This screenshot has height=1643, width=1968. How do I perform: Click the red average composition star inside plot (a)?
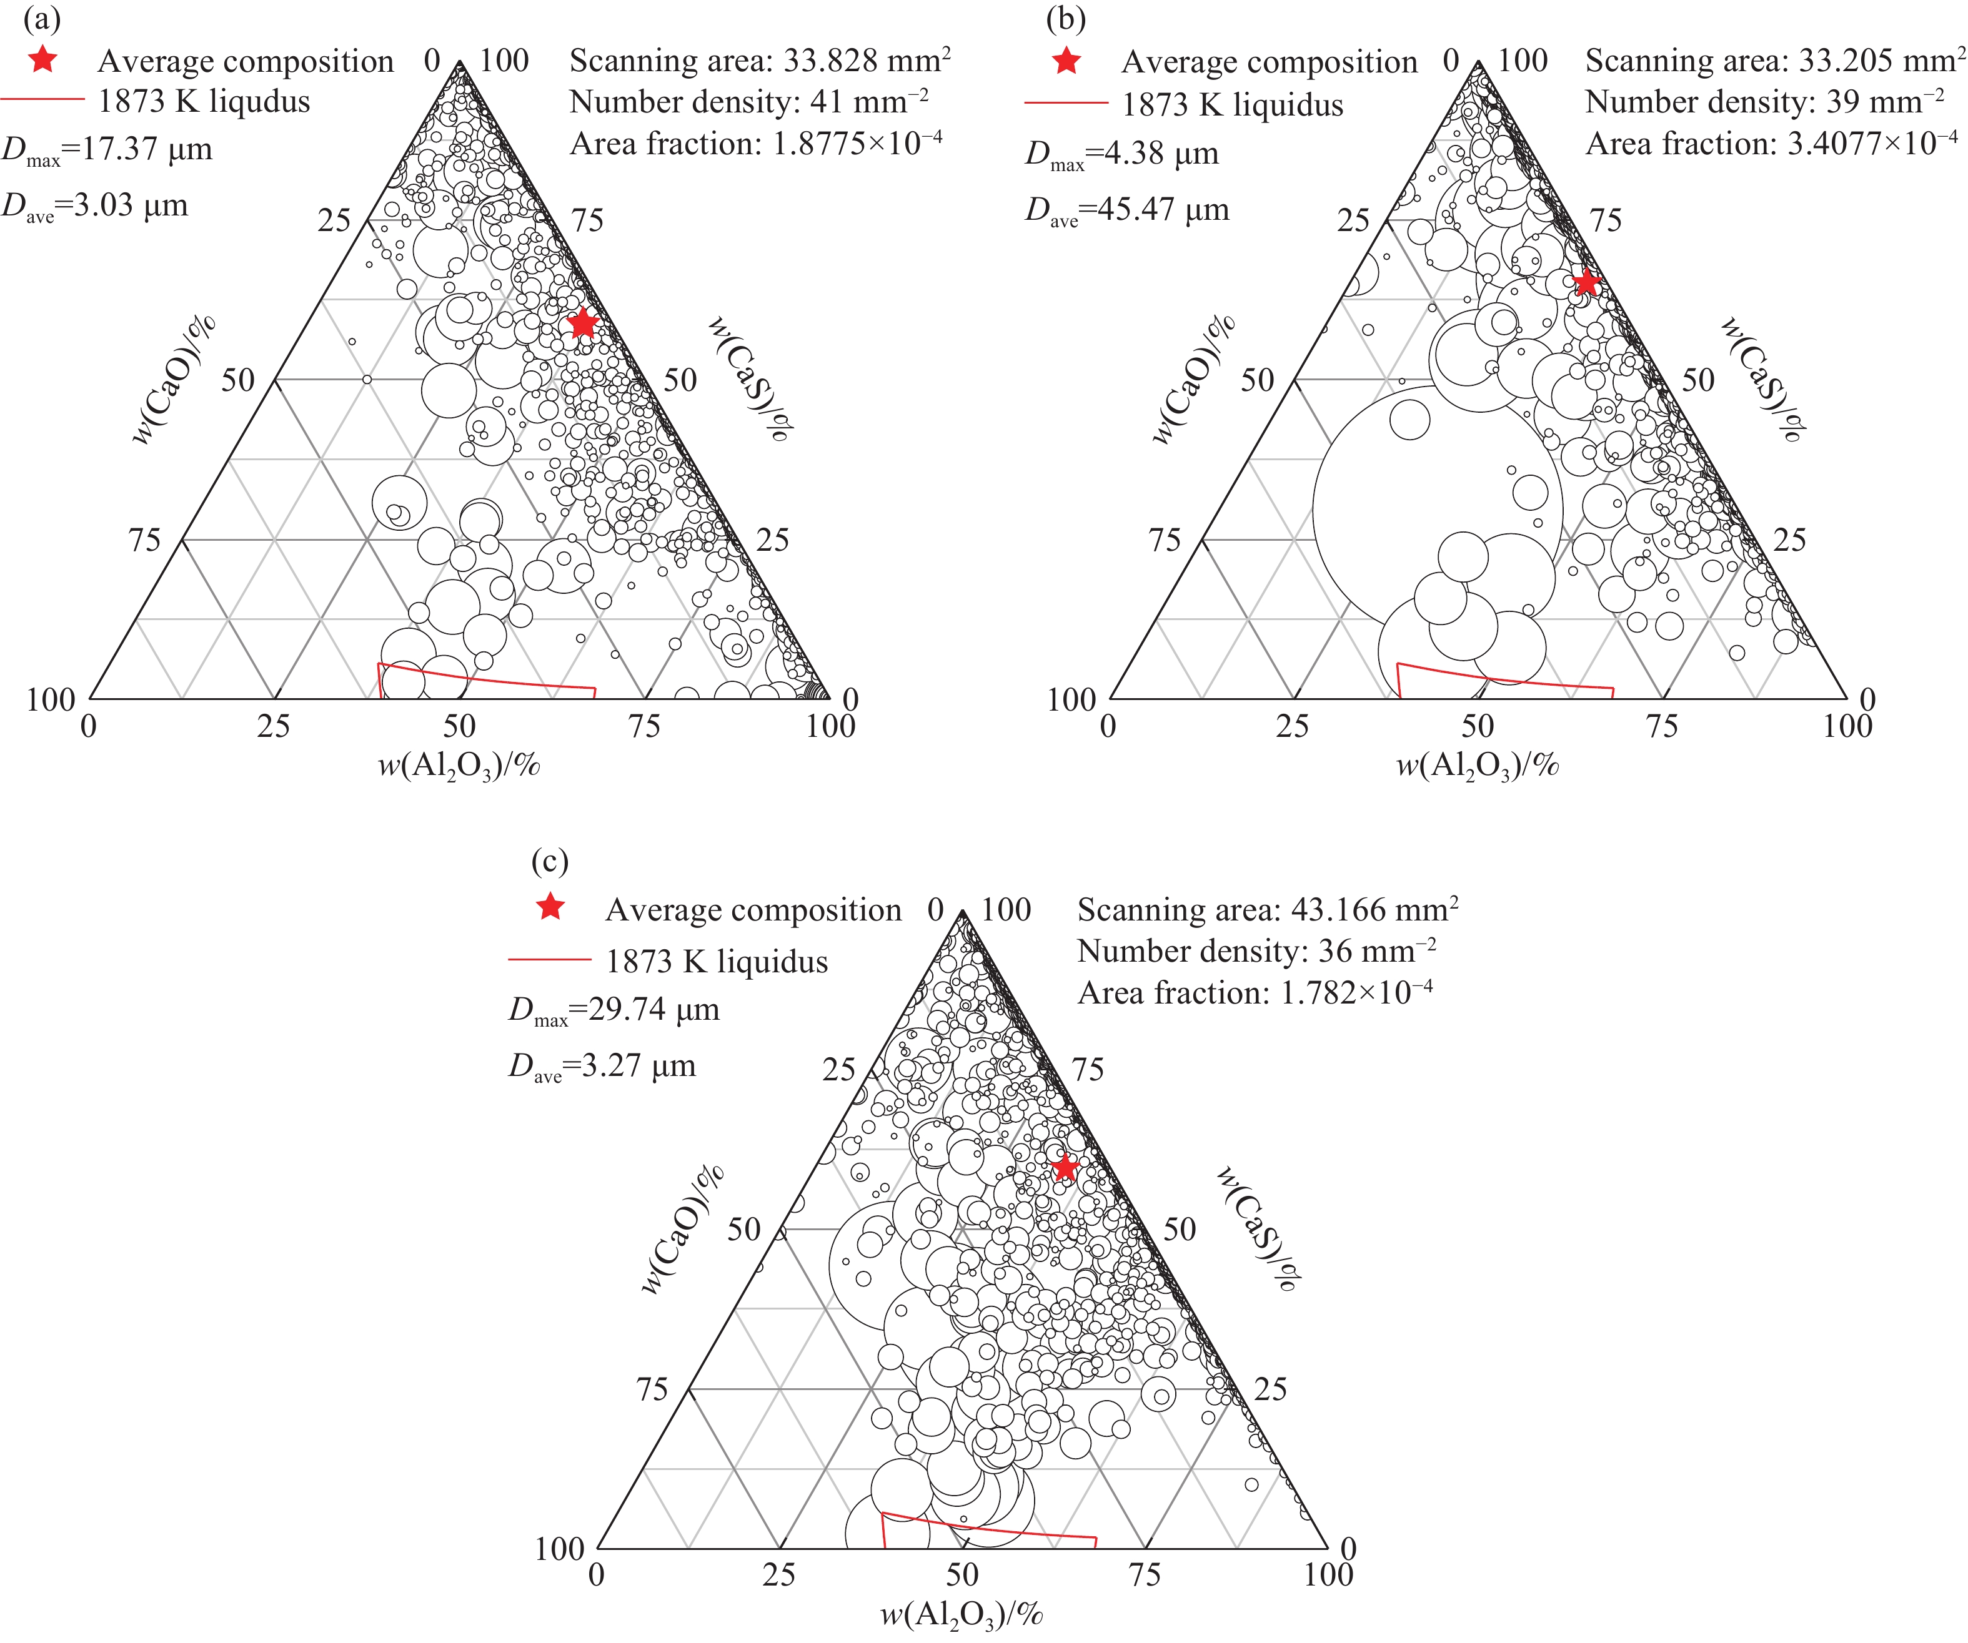point(583,323)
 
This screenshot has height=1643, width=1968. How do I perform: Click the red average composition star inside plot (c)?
point(1065,1167)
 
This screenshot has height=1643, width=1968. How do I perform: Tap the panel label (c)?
point(549,861)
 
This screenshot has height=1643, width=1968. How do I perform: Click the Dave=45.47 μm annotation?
point(1126,210)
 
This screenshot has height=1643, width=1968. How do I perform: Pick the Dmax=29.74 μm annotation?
point(614,1010)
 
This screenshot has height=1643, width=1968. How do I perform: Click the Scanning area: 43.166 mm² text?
point(1267,909)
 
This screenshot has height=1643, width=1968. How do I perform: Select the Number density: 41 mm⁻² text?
point(748,101)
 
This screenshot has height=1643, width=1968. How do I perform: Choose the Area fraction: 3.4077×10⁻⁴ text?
point(1771,144)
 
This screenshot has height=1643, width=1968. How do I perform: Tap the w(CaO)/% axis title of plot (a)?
point(174,380)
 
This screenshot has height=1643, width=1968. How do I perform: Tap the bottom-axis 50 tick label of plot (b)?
point(1478,726)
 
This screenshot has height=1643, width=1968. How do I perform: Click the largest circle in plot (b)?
point(1437,510)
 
